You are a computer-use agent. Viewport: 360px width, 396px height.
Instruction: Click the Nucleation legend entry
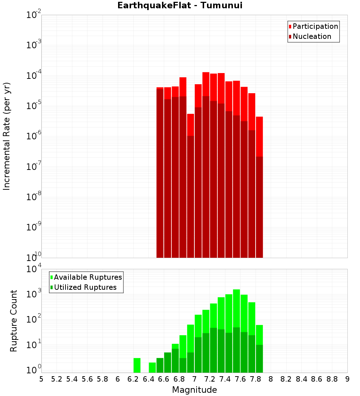[x=312, y=36]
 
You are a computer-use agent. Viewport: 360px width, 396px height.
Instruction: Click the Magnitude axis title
[x=194, y=390]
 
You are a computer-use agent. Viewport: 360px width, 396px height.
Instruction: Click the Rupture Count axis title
[x=14, y=321]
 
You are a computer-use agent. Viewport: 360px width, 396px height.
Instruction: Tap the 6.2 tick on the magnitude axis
[x=133, y=379]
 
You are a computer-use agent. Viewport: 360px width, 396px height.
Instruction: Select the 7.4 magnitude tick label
[x=225, y=379]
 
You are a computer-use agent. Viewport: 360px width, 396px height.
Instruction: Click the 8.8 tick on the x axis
[x=332, y=379]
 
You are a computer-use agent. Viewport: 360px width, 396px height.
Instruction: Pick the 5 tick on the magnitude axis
[x=41, y=379]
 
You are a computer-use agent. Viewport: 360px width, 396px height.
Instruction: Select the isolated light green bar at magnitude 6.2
[x=137, y=365]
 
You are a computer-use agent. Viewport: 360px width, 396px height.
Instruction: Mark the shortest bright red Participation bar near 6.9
[x=190, y=125]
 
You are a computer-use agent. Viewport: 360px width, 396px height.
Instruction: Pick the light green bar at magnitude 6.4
[x=152, y=367]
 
